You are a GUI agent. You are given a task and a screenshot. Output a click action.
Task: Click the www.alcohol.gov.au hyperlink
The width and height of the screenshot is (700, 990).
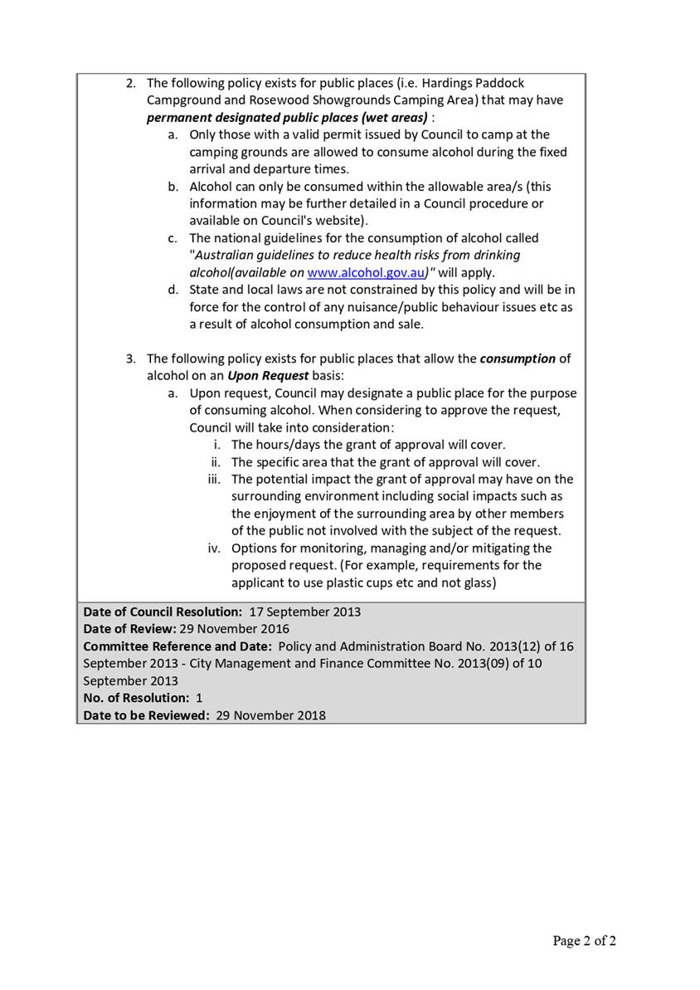(366, 272)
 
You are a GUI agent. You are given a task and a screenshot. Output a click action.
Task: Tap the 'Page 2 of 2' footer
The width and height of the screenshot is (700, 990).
(585, 940)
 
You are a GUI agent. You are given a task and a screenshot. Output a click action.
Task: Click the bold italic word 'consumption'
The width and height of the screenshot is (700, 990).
(518, 358)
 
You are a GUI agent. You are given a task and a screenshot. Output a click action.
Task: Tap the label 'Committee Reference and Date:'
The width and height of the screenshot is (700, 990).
(177, 646)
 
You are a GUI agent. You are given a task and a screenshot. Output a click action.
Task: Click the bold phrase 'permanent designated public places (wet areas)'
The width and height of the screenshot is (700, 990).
(287, 117)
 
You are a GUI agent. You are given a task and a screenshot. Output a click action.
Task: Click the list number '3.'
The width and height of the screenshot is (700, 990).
(131, 358)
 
